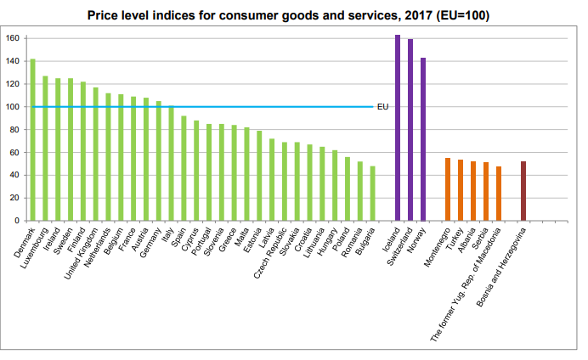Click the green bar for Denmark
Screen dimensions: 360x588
point(32,140)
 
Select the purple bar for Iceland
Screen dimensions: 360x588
point(398,127)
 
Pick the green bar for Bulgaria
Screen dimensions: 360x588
point(372,194)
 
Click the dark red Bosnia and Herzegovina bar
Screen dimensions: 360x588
point(523,191)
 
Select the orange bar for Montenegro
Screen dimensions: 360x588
point(448,189)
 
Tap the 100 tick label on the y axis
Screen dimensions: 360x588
point(14,107)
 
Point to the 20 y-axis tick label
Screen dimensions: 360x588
point(15,198)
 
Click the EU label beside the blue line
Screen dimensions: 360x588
point(382,107)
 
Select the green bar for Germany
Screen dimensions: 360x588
point(158,161)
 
